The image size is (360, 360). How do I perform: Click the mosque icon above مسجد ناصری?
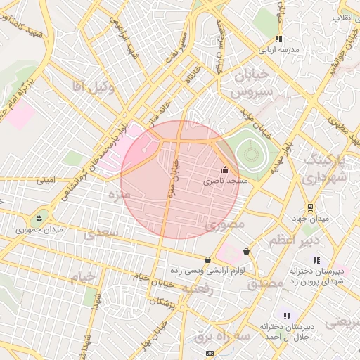225,169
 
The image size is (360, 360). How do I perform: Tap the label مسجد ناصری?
226,181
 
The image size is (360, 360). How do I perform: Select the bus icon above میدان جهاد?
309,207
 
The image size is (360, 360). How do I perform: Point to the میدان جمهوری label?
40,229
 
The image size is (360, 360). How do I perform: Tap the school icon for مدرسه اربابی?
278,39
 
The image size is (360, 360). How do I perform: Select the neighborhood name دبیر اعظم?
294,241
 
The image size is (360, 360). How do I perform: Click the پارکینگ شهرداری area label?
326,169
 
